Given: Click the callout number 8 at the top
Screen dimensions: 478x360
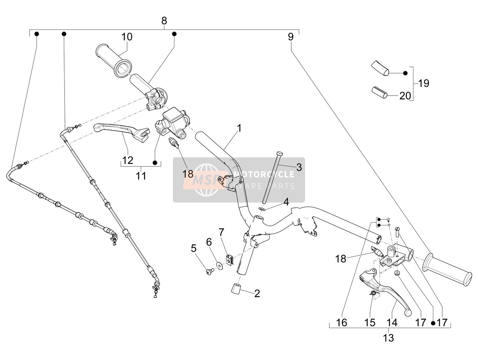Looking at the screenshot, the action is point(164,21).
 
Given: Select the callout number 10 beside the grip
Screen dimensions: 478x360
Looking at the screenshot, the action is point(127,37).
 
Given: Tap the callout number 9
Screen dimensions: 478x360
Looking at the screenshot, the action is point(291,37).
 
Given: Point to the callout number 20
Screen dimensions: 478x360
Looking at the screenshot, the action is point(405,96).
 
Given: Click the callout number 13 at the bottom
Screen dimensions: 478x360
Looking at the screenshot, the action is point(388,338).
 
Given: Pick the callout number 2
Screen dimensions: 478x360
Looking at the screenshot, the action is point(257,293).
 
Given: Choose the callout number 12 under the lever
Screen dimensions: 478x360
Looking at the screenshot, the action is point(127,160).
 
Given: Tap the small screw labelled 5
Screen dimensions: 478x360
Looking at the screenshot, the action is point(209,272).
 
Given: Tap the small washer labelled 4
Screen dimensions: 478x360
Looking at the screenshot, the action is point(262,209).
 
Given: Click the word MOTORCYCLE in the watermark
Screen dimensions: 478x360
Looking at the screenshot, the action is point(264,174).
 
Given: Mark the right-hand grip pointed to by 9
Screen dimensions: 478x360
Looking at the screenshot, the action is point(447,270).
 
